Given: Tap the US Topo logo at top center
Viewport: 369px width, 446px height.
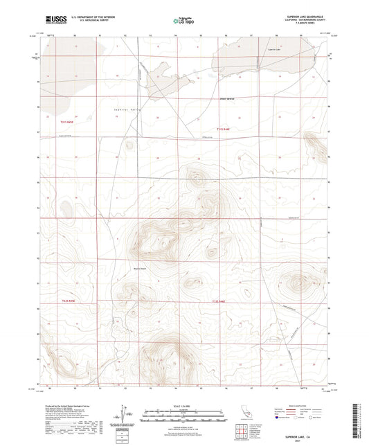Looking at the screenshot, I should (182, 21).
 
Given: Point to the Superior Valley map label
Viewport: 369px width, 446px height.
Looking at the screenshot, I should (125, 109).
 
